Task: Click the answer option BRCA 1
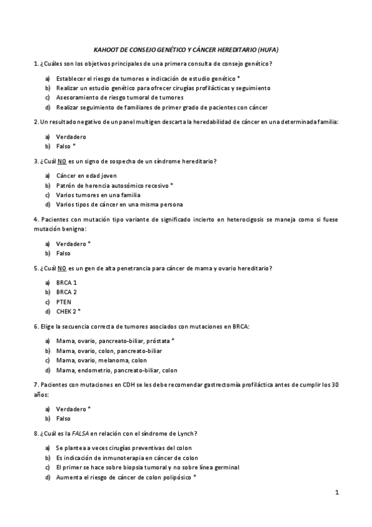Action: [66, 283]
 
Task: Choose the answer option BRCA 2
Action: [66, 292]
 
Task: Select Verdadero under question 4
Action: [71, 244]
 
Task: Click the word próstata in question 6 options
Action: [159, 341]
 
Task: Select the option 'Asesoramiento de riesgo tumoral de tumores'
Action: [119, 98]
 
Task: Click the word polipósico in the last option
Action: [176, 477]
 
